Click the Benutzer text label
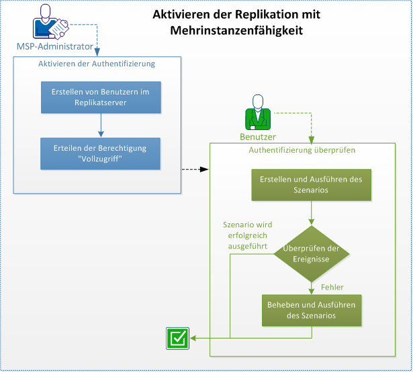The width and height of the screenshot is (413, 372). [x=258, y=136]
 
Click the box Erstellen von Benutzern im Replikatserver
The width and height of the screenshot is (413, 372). [x=101, y=98]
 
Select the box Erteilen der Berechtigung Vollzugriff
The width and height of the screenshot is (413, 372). [x=101, y=153]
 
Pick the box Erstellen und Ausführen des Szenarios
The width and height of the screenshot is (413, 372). [x=310, y=184]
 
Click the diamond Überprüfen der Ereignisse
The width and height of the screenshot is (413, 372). [x=310, y=255]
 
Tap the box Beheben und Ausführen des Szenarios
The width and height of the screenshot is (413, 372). [x=310, y=310]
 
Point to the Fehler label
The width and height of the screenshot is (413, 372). [x=332, y=287]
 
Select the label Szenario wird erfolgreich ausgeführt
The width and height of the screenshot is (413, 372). [x=247, y=236]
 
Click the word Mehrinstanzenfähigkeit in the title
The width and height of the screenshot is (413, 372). [x=236, y=30]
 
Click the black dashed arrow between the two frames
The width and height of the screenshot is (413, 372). [x=195, y=170]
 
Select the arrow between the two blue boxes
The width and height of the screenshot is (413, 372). [x=101, y=125]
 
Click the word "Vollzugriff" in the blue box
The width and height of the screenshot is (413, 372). [x=101, y=159]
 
